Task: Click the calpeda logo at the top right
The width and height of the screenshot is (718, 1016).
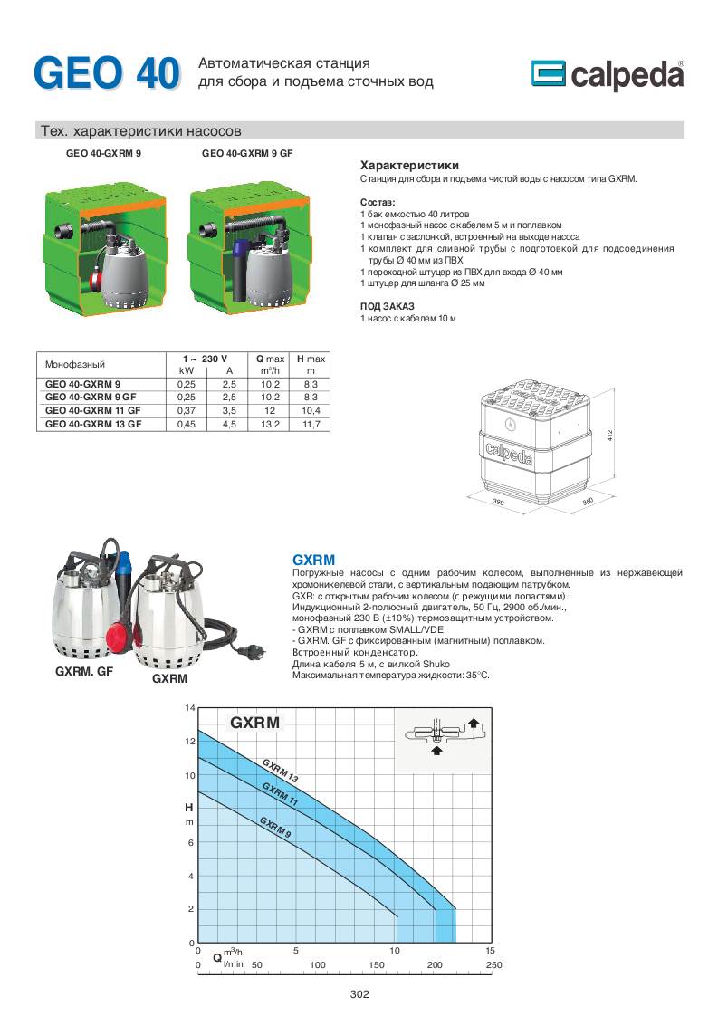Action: [x=607, y=75]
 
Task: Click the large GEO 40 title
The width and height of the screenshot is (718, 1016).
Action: [x=107, y=74]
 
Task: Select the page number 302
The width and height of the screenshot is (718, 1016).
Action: [x=359, y=994]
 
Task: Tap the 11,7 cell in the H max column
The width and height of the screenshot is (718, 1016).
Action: [x=311, y=423]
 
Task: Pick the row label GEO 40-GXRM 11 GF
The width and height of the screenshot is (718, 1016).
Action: [x=93, y=410]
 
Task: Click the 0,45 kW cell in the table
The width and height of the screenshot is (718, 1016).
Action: [x=187, y=423]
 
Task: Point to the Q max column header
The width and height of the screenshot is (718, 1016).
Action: [x=270, y=359]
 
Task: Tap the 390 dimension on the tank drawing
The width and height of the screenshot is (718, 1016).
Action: [x=498, y=499]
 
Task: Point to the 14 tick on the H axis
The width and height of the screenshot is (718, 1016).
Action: [x=190, y=707]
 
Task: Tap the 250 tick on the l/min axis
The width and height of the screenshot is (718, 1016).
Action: [x=493, y=965]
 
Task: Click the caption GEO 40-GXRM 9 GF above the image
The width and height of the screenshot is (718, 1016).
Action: [x=246, y=154]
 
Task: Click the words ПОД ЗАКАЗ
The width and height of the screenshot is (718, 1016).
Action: [x=381, y=306]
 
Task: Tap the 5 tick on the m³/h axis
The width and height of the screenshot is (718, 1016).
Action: [x=296, y=950]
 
